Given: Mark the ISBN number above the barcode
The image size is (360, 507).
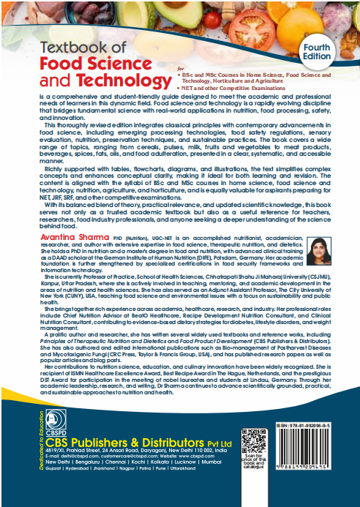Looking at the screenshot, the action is point(324,425).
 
